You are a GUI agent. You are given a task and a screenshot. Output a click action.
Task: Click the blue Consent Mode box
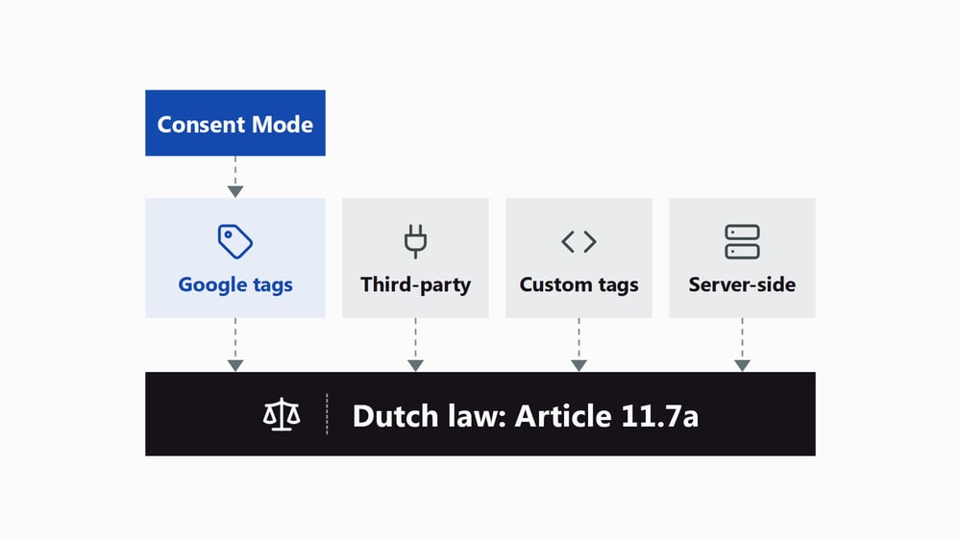[235, 123]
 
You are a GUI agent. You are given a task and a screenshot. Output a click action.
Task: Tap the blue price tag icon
[235, 241]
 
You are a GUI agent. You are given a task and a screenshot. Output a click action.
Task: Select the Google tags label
[235, 285]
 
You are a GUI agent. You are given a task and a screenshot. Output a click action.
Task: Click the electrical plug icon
[415, 241]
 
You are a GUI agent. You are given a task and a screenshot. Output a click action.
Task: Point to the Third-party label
[415, 285]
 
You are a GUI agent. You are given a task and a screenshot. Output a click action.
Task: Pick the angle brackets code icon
[579, 241]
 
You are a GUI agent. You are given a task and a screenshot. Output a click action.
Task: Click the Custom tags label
[579, 285]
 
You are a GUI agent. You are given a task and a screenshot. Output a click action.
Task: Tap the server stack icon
[742, 241]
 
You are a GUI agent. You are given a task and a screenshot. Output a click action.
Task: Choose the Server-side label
[742, 284]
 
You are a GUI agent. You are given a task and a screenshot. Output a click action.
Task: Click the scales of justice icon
[282, 414]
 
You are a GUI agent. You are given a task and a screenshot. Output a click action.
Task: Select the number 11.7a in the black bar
[659, 416]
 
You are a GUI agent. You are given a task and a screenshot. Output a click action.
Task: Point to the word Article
[563, 416]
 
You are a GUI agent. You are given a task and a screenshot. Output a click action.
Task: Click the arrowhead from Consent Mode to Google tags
[235, 191]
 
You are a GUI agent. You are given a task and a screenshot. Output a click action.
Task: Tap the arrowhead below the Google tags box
[235, 365]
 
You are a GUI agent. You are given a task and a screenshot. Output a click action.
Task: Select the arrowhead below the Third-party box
[415, 365]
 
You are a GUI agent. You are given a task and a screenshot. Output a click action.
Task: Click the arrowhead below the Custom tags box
[579, 365]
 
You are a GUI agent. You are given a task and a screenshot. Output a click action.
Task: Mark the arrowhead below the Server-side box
[742, 365]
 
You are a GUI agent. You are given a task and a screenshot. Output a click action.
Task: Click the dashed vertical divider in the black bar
[328, 414]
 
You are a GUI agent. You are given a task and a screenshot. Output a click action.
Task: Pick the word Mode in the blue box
[283, 124]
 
